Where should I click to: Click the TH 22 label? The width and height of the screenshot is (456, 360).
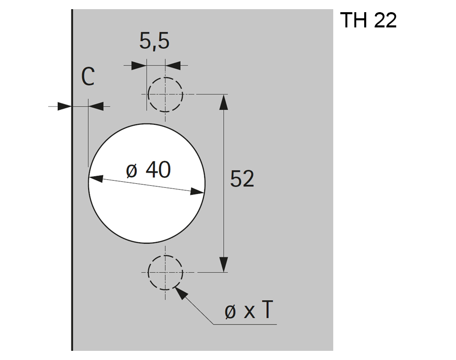pos(368,20)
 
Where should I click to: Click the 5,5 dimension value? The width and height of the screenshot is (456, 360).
pos(154,41)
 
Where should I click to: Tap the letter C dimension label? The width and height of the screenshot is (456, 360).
pos(88,77)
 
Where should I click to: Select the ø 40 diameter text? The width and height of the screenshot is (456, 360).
pos(148,170)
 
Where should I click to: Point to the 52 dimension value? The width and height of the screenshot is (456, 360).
pos(242,179)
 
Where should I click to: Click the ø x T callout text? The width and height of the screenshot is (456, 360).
pos(249,310)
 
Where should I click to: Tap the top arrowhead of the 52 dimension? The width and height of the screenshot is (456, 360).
pos(223,102)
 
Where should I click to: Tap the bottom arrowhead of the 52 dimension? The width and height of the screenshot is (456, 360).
pos(223,265)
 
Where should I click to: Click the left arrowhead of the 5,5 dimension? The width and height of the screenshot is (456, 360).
pos(138,65)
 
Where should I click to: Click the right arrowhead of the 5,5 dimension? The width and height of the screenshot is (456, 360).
pos(173,65)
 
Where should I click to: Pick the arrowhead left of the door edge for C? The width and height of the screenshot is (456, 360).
pos(64,107)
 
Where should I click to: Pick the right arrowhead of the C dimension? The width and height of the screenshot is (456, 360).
pos(96,107)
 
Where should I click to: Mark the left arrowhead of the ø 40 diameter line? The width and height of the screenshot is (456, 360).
pos(96,178)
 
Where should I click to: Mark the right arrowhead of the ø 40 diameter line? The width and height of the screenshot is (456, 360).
pos(197,192)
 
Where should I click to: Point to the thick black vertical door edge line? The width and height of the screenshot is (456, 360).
pos(72,180)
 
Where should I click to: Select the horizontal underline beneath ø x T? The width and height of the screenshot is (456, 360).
pos(245,324)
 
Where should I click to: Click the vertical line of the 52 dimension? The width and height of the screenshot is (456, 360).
pos(223,183)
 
